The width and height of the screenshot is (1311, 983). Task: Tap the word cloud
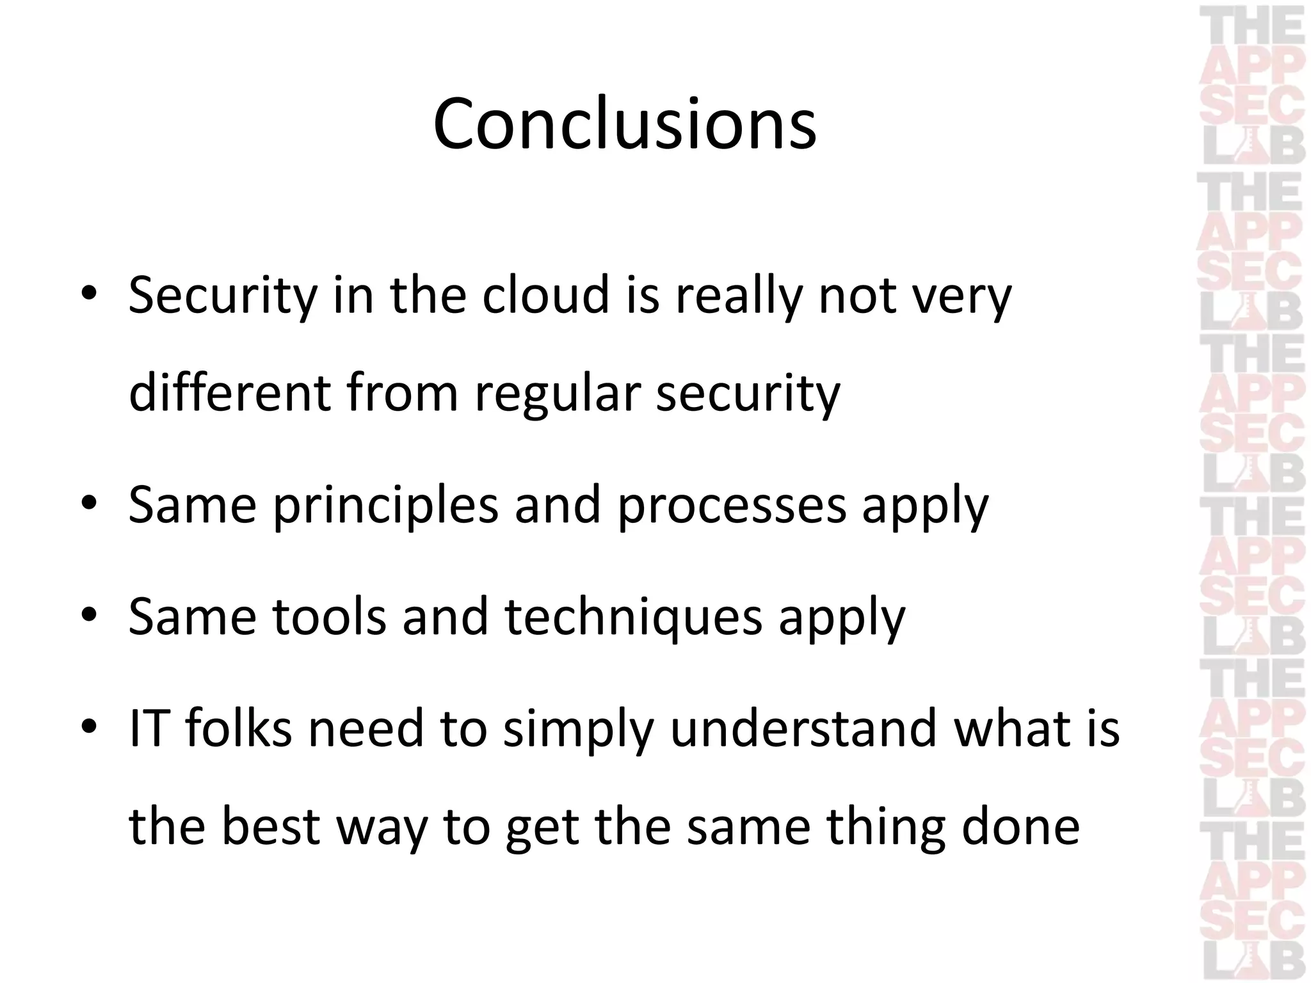tap(545, 296)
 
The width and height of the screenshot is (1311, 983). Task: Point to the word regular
tap(558, 393)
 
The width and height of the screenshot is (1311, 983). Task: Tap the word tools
tap(330, 616)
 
